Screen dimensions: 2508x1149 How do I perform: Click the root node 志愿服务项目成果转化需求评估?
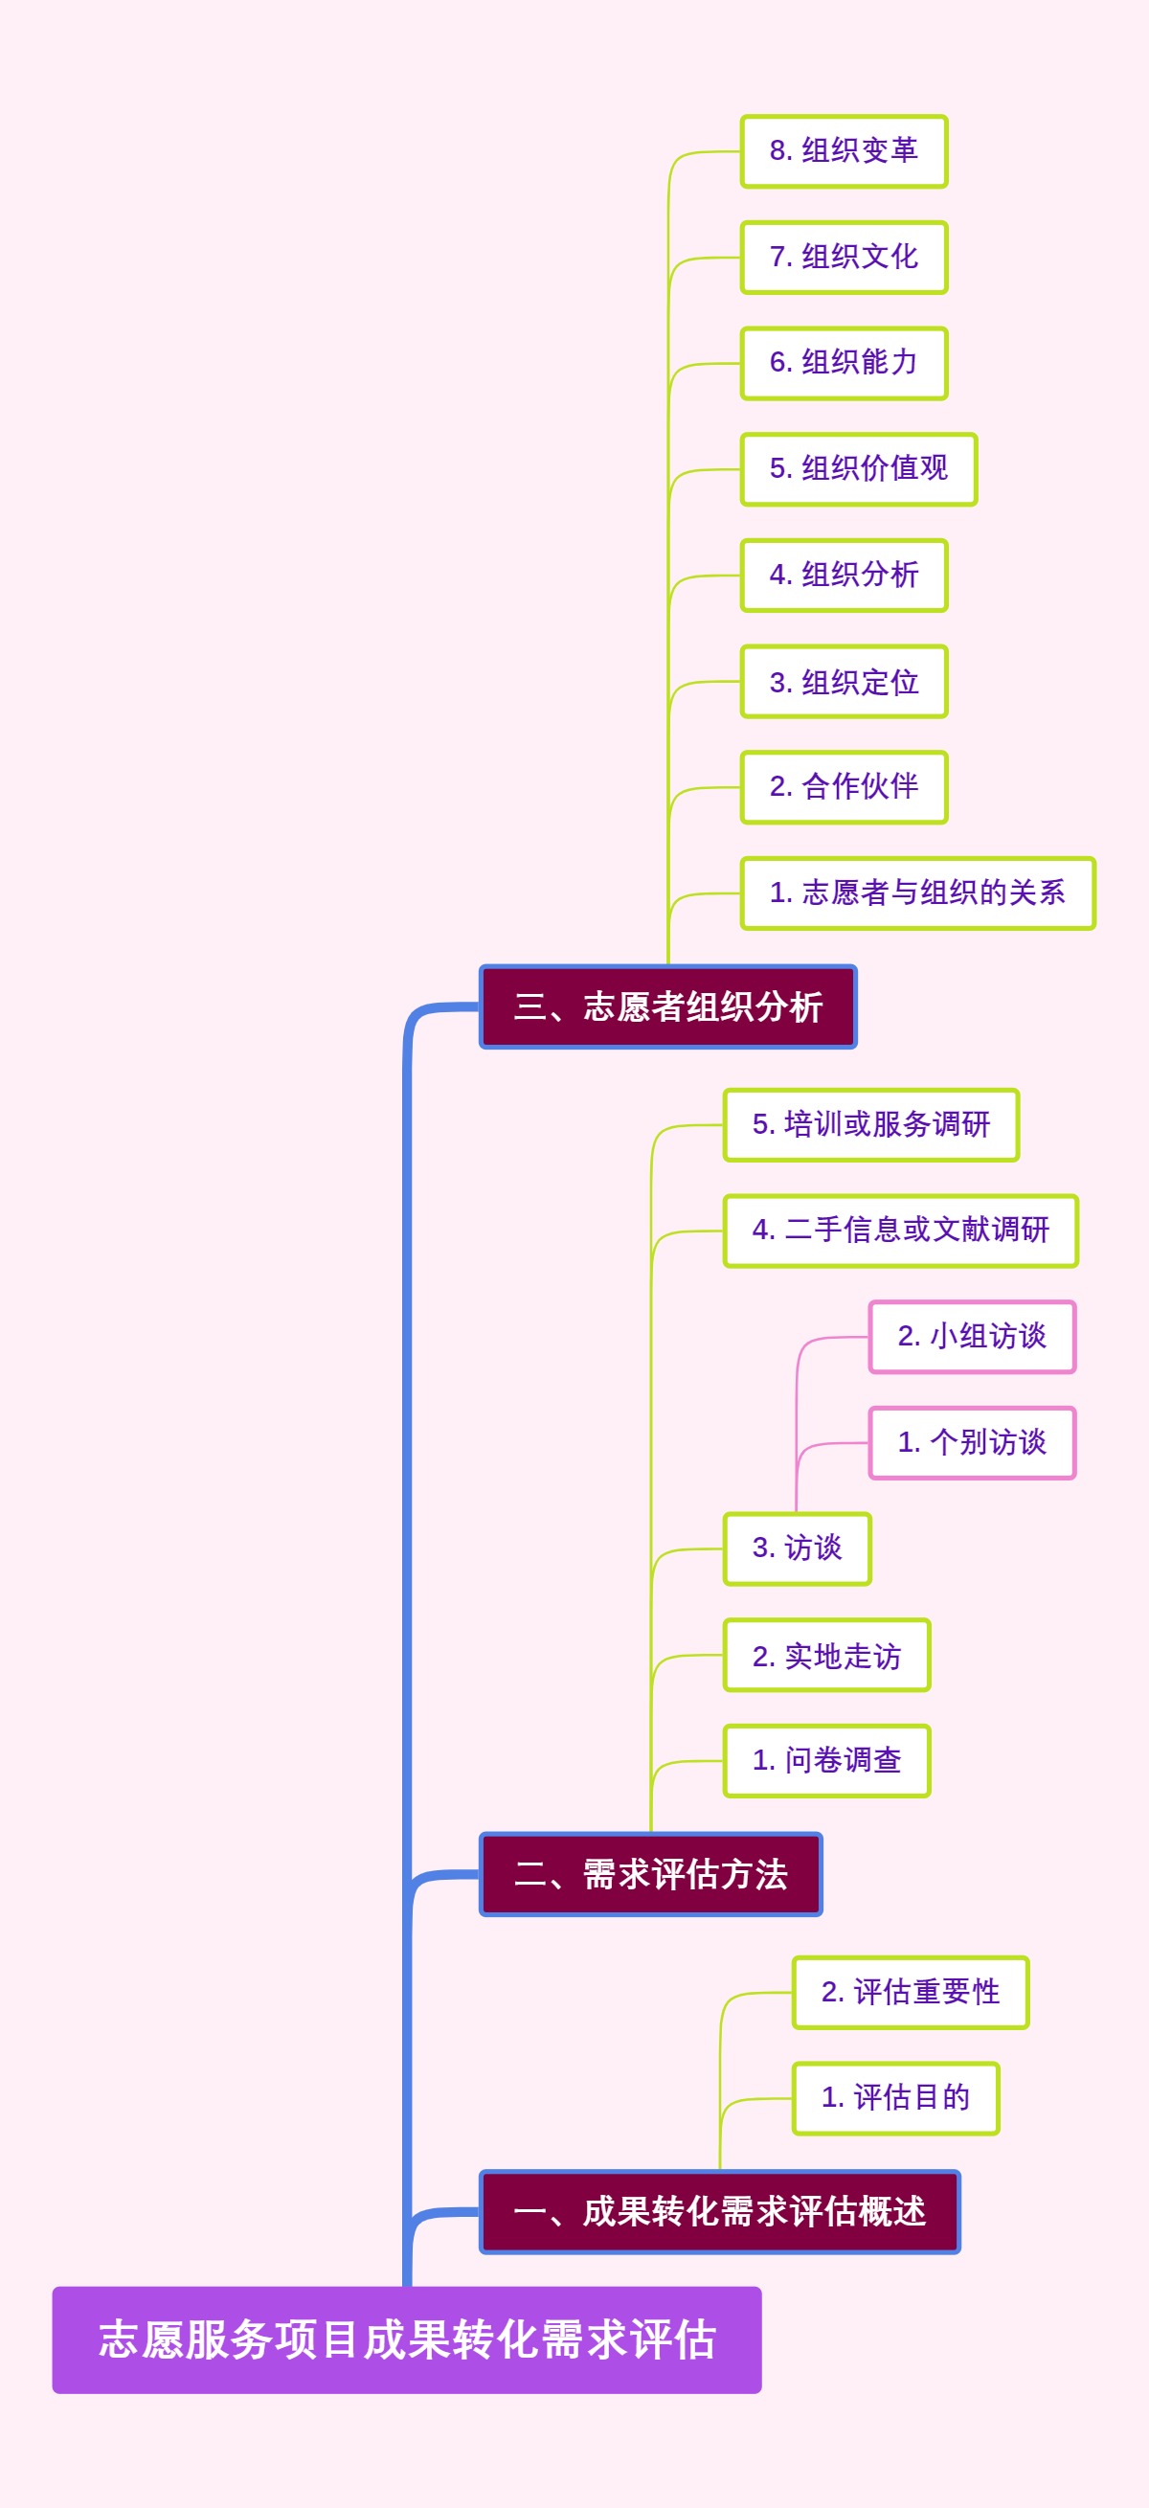click(x=407, y=2339)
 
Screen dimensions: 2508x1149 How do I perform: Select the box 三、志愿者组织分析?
click(x=668, y=1006)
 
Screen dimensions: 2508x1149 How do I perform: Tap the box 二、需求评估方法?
click(x=650, y=1874)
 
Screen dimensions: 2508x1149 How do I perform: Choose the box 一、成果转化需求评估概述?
click(x=720, y=2212)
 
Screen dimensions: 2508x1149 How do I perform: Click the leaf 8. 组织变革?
click(x=844, y=151)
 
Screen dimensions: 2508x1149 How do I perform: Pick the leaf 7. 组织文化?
click(x=844, y=257)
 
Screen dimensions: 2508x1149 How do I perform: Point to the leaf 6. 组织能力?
click(x=844, y=363)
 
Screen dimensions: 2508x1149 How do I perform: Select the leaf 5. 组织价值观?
click(x=858, y=469)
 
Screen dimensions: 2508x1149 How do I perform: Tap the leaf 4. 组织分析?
click(x=844, y=576)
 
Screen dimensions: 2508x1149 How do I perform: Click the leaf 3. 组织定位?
click(x=844, y=682)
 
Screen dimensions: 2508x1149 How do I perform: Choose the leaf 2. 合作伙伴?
click(x=844, y=786)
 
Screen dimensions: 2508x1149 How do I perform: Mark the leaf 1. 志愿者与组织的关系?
click(x=917, y=892)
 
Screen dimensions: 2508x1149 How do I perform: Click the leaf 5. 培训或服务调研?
click(x=870, y=1124)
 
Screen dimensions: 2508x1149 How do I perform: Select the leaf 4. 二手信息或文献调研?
click(x=900, y=1231)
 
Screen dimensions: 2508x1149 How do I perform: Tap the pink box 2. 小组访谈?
click(x=972, y=1337)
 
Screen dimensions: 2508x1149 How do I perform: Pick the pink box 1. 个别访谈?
click(x=972, y=1443)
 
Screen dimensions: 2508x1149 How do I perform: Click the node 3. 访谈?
click(x=797, y=1549)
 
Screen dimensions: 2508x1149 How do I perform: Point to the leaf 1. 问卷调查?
click(x=825, y=1760)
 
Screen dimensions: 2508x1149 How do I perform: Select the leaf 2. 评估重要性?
click(x=910, y=1992)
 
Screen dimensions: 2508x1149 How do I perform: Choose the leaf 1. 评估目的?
click(x=895, y=2098)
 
